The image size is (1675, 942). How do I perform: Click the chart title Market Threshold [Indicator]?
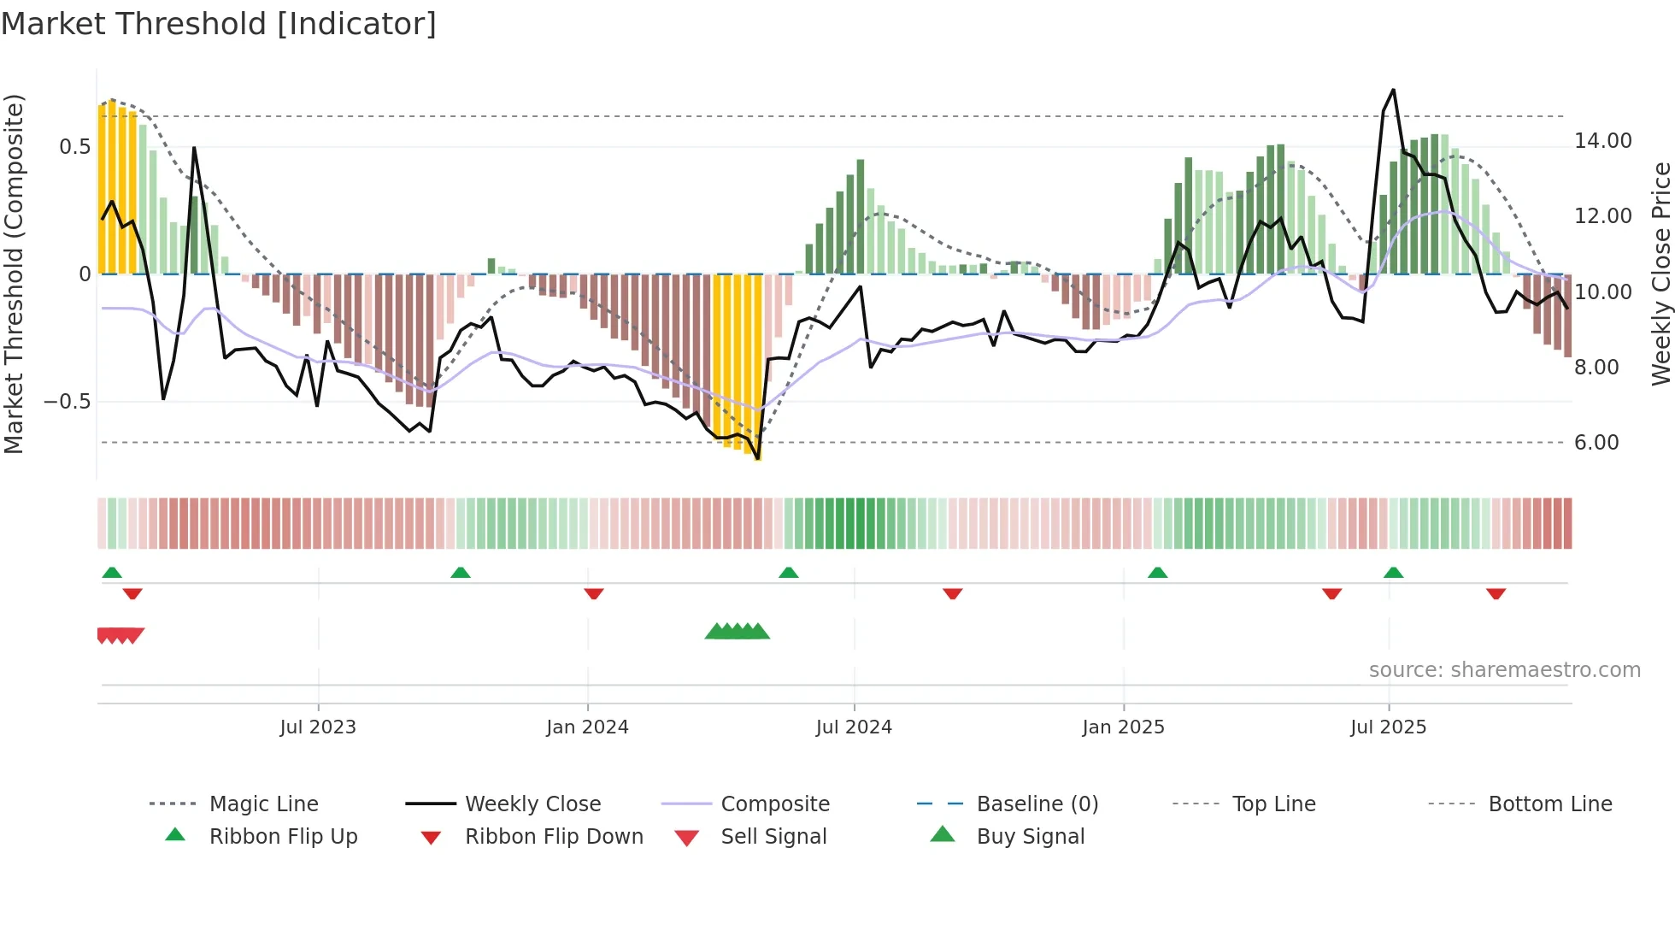[x=219, y=24]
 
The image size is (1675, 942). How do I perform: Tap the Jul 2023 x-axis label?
[x=318, y=727]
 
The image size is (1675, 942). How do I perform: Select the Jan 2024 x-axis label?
[x=587, y=727]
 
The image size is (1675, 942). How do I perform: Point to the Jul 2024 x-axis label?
[x=854, y=727]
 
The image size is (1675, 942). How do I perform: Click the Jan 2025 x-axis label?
[x=1123, y=727]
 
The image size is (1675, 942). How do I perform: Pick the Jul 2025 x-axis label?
[x=1389, y=727]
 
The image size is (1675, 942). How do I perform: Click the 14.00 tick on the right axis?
[x=1602, y=141]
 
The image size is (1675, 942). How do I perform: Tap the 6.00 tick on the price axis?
[x=1596, y=443]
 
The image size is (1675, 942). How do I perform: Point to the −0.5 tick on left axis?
[x=67, y=402]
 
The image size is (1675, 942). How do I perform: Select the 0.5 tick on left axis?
[x=74, y=147]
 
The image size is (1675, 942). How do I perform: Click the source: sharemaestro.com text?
[x=1504, y=670]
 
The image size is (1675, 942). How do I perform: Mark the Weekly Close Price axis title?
[x=1660, y=274]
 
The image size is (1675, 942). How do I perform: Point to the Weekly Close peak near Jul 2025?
[x=1393, y=91]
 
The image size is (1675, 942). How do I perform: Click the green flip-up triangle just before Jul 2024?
[x=789, y=573]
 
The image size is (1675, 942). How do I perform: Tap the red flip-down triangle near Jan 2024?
[x=594, y=593]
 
